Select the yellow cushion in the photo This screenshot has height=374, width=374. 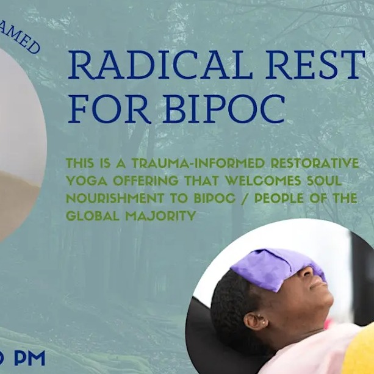[x=360, y=351]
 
